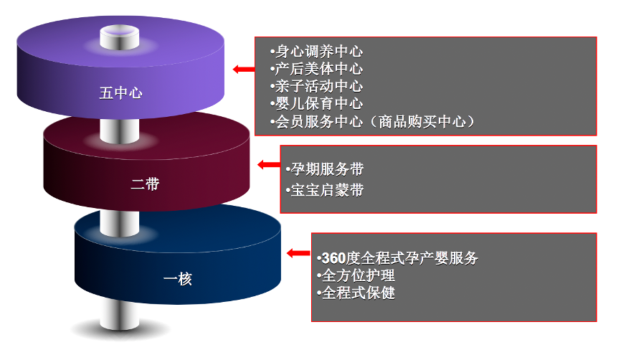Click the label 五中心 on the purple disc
[x=120, y=93]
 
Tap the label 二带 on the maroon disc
[x=145, y=184]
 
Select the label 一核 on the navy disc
[x=177, y=279]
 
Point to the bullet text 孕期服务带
[x=326, y=169]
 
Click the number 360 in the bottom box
[x=333, y=258]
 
